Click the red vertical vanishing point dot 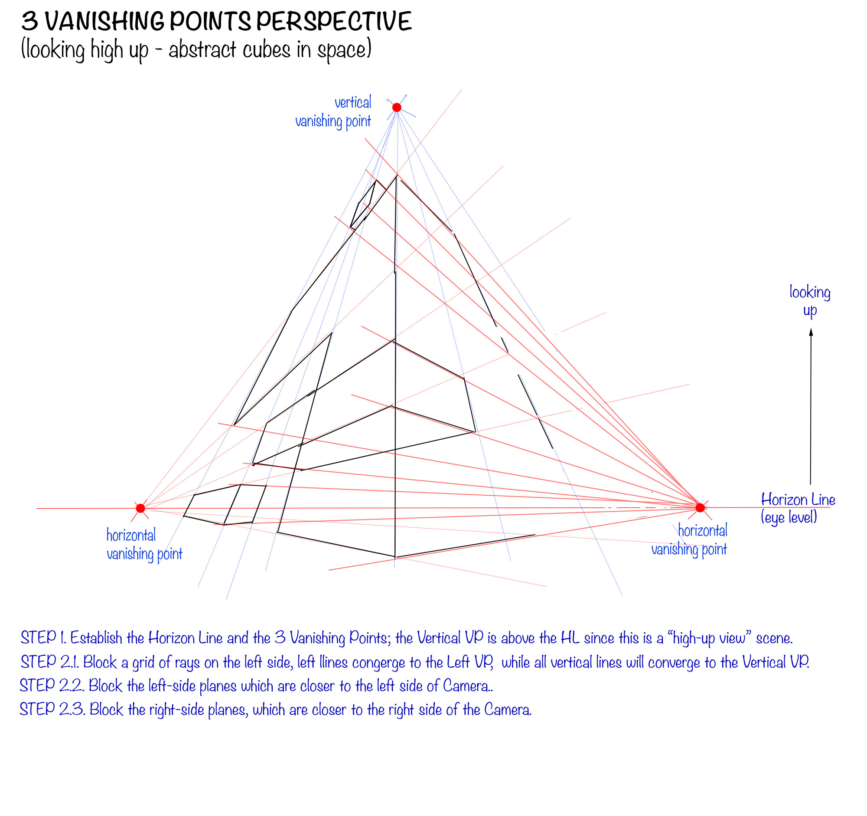click(396, 107)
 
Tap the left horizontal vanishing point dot click(140, 508)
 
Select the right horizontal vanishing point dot click(700, 507)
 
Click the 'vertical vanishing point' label click(334, 112)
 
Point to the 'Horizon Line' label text click(798, 500)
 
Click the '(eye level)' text click(789, 517)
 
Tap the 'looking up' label click(809, 301)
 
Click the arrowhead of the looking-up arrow click(811, 332)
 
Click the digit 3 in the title click(29, 21)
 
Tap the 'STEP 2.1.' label click(49, 662)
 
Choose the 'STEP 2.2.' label click(52, 686)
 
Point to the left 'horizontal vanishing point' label click(144, 544)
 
